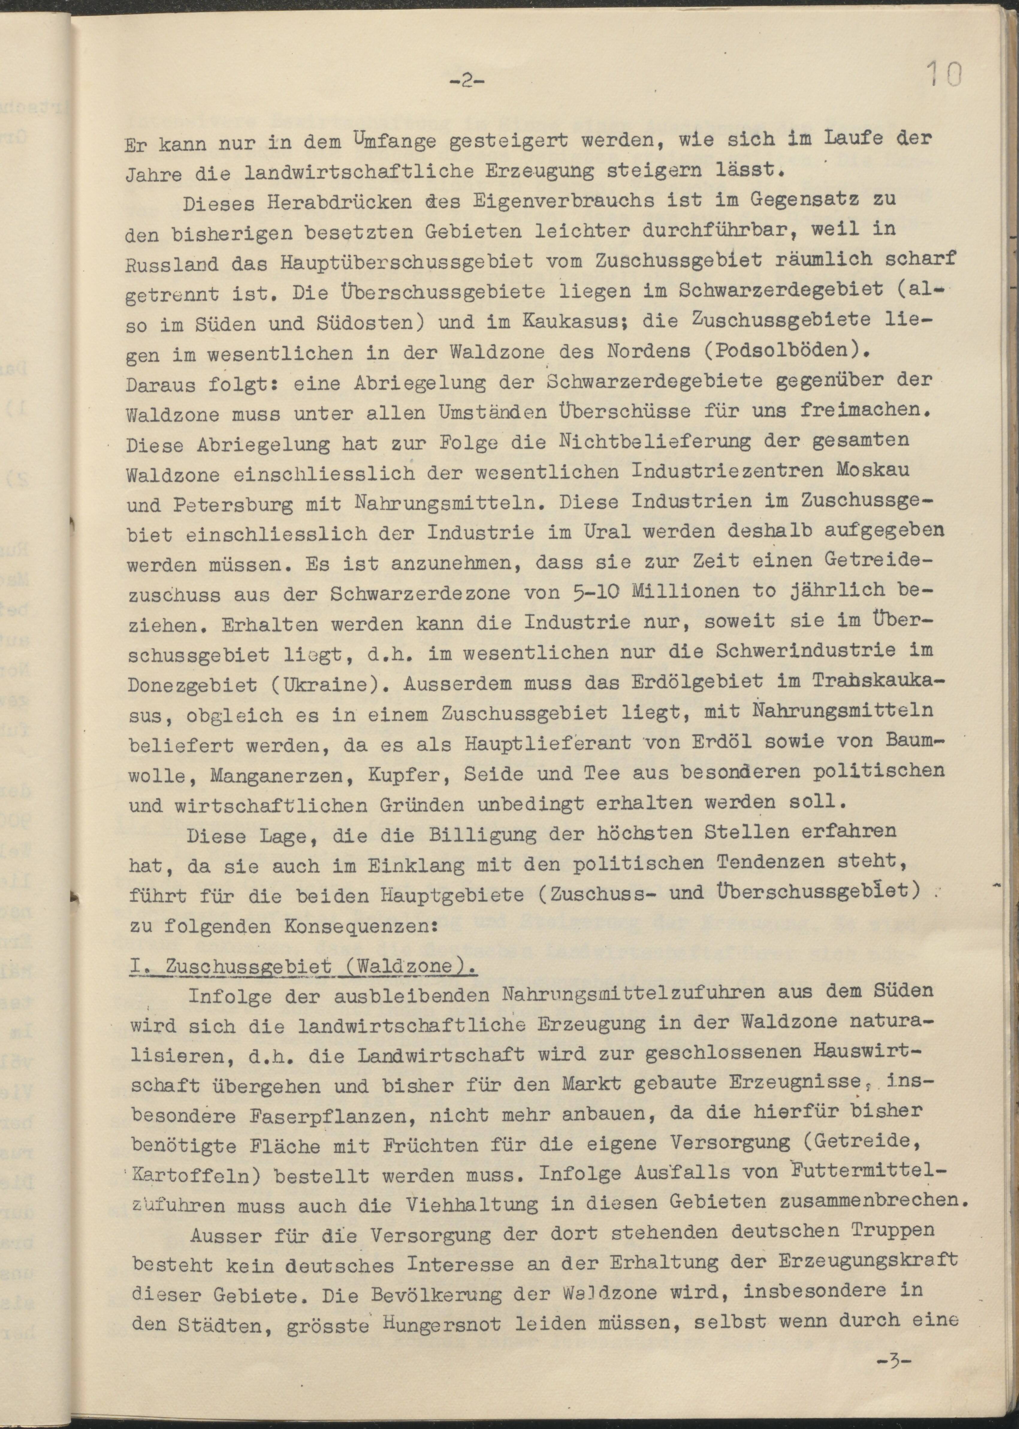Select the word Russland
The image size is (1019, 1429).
171,262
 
